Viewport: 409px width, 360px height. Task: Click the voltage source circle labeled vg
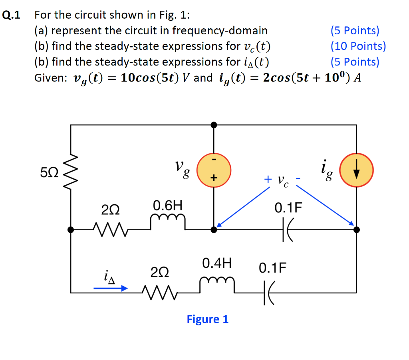click(214, 171)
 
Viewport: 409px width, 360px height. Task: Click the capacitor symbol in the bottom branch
click(269, 293)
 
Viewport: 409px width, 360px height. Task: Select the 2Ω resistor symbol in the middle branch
click(109, 229)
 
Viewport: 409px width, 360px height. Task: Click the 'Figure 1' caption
click(208, 319)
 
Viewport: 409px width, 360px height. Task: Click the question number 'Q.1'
click(12, 16)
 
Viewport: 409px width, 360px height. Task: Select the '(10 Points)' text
click(358, 46)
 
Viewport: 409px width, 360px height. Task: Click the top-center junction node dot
click(214, 125)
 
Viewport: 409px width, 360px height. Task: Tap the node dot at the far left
click(71, 229)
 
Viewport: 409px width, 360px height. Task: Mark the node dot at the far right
click(356, 229)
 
